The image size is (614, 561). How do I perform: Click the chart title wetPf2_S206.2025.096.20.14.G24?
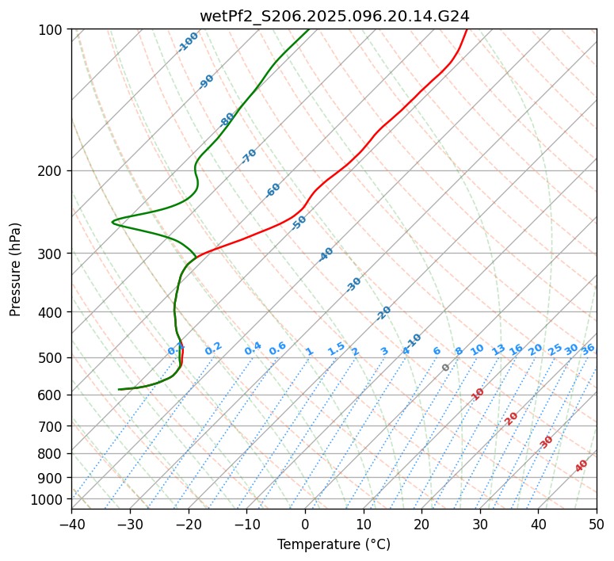(x=334, y=16)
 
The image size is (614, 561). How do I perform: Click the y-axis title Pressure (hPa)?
(x=16, y=269)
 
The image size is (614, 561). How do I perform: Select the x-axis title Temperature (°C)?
(x=334, y=544)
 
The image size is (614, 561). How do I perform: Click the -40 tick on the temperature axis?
(x=71, y=524)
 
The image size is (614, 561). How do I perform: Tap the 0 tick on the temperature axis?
(x=305, y=524)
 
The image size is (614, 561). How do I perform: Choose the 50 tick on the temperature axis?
(x=597, y=524)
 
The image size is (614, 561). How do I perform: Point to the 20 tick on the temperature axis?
(x=421, y=524)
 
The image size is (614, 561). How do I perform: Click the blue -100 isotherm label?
(x=189, y=42)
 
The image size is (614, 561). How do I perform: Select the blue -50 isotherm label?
(x=299, y=223)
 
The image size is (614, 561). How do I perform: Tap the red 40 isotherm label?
(x=582, y=466)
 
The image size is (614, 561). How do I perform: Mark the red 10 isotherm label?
(x=478, y=394)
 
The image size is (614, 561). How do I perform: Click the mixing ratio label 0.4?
(x=253, y=349)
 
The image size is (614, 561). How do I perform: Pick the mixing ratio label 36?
(x=588, y=349)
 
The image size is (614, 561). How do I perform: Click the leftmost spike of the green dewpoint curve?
(x=113, y=222)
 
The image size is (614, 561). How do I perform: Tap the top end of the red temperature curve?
(x=467, y=30)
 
